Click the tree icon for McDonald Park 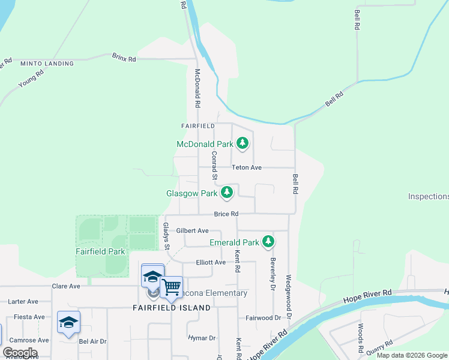(x=243, y=143)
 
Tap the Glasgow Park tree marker (x=226, y=193)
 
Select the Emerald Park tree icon (x=268, y=242)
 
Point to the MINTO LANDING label (x=47, y=64)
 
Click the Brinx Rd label (x=124, y=58)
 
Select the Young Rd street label (x=31, y=79)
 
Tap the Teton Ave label (x=251, y=167)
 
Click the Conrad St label (x=214, y=165)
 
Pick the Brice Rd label (x=226, y=214)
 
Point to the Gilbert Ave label (x=192, y=230)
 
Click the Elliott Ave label (x=211, y=262)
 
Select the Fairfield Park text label (x=100, y=251)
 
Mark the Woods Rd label (x=361, y=338)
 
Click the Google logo (x=20, y=353)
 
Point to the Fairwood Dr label (x=263, y=317)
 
